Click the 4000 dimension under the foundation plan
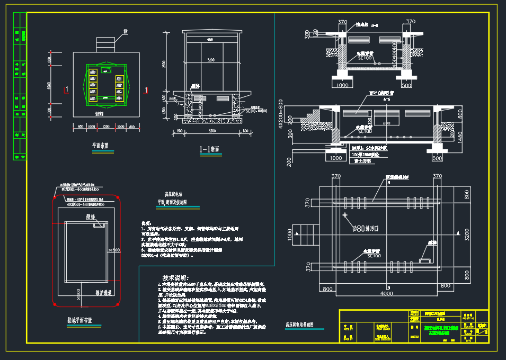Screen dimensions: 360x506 (387, 293)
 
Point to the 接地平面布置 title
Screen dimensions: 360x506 (79, 320)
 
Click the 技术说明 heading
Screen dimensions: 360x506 (175, 278)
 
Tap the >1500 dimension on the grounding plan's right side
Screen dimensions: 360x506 (114, 249)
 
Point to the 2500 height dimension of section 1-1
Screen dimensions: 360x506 (164, 64)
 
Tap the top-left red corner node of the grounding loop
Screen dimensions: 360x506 (55, 198)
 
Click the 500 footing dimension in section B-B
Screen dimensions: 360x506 (407, 85)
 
